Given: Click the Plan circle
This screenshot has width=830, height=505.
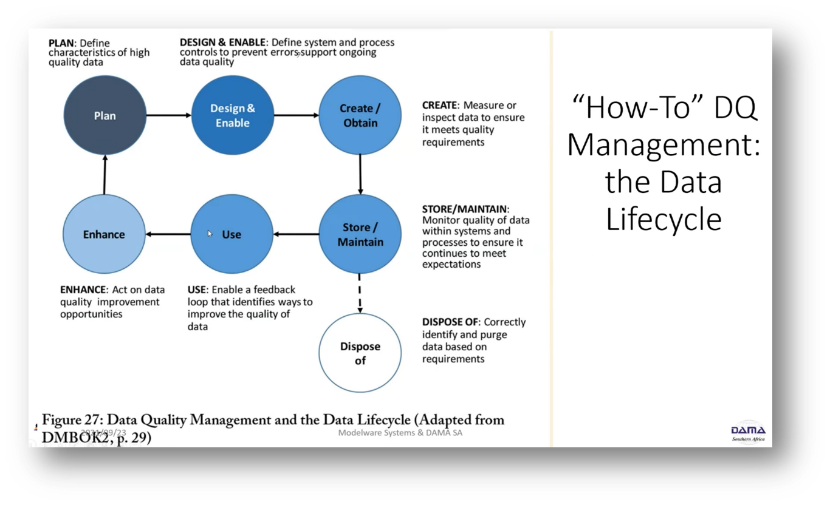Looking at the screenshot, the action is [x=105, y=115].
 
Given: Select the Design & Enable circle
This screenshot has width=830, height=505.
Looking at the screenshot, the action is [x=233, y=115].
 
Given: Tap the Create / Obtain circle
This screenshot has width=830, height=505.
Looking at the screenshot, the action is [x=360, y=115].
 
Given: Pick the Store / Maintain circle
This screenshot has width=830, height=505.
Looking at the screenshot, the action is [x=360, y=234].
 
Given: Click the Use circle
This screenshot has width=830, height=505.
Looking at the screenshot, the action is [x=232, y=234].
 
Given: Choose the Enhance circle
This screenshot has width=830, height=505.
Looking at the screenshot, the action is [x=104, y=234].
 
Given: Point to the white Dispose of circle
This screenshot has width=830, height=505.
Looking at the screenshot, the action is [x=360, y=353].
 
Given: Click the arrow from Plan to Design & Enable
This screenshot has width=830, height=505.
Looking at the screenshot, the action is [x=169, y=115].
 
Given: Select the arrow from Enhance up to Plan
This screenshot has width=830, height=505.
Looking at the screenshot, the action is [x=105, y=175].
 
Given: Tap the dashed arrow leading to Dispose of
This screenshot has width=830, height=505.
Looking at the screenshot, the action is [x=360, y=294].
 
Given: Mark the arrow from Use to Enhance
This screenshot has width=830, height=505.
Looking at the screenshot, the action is [x=168, y=234].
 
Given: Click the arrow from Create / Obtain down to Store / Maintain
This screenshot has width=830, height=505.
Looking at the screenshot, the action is [x=360, y=175].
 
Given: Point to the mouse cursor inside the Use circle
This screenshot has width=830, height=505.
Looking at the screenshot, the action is [x=210, y=233].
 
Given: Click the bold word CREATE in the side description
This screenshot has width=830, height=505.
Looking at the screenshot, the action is [x=439, y=106].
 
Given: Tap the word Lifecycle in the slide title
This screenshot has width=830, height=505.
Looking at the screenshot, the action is [x=664, y=220].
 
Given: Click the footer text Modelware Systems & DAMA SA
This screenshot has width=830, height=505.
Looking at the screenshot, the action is [x=400, y=433].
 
